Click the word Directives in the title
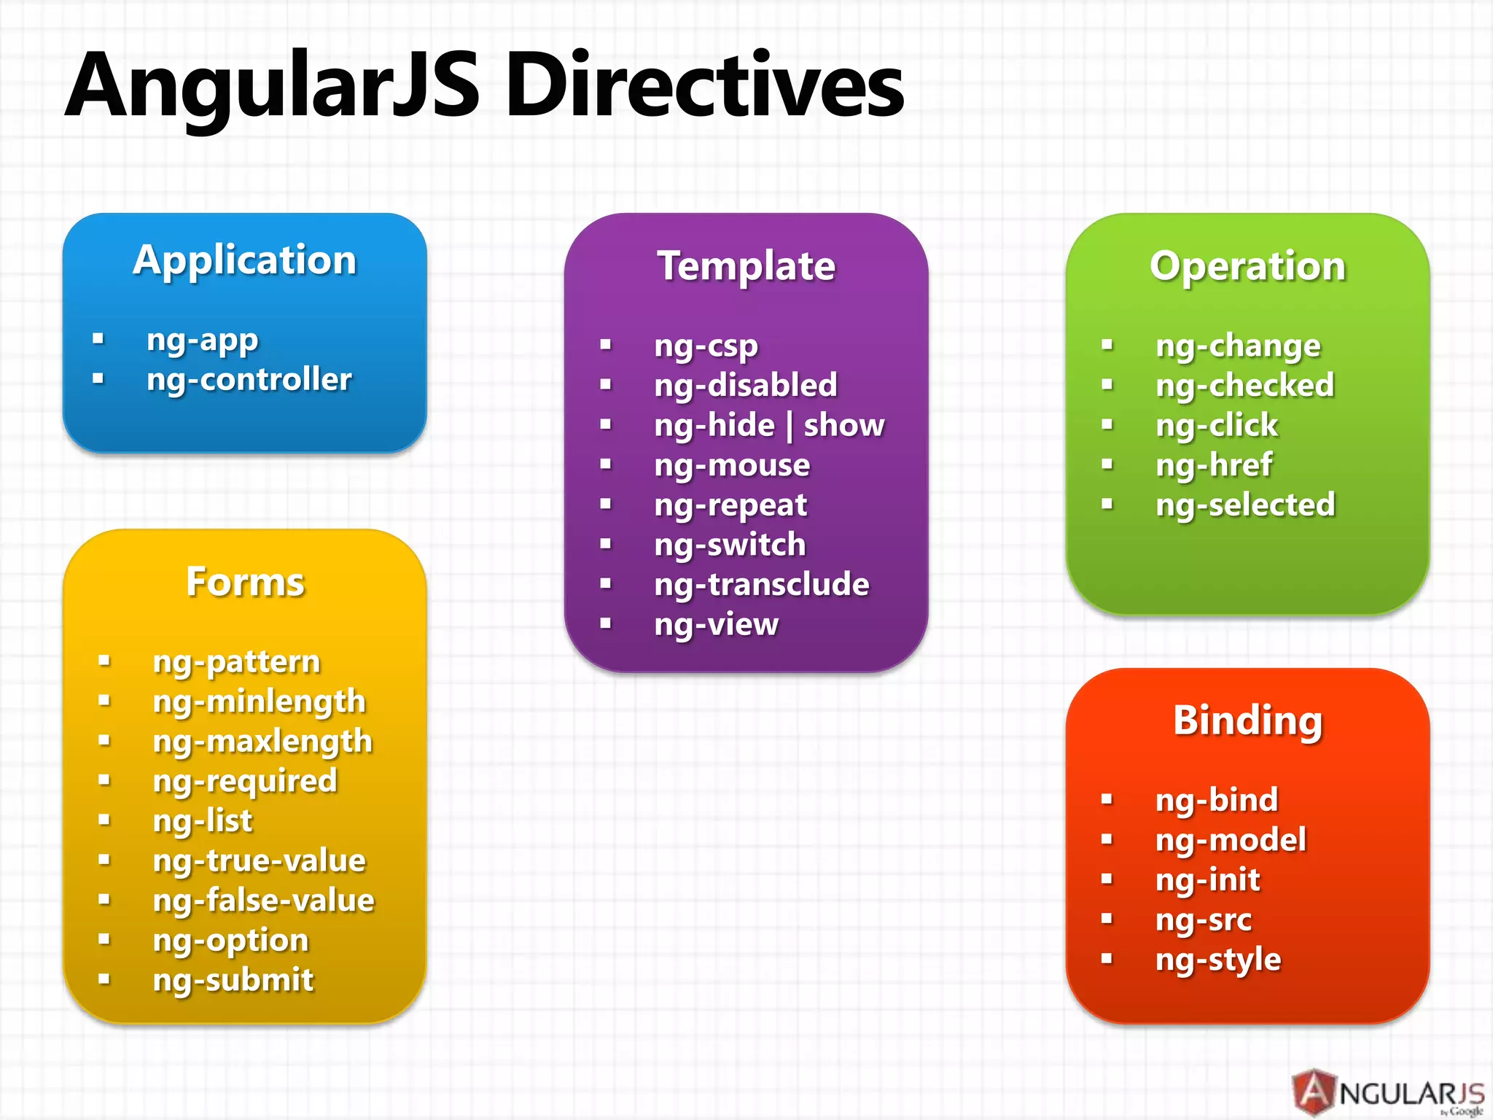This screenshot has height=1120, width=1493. (x=704, y=86)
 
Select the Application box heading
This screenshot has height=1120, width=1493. (x=245, y=260)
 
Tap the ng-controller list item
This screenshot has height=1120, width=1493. (x=249, y=380)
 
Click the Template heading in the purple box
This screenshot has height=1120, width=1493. (x=746, y=266)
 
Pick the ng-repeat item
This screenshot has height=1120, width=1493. (x=730, y=505)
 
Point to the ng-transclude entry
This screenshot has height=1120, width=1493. (x=761, y=585)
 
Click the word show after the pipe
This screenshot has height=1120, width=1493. (x=843, y=425)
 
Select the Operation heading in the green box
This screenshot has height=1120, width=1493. (x=1247, y=266)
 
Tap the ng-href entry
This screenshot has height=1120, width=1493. (x=1214, y=465)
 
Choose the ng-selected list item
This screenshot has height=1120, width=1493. (x=1245, y=505)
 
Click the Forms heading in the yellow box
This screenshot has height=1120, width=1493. (x=245, y=582)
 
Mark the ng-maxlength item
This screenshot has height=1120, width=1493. (x=262, y=742)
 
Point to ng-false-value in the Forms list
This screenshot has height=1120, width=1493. (x=263, y=901)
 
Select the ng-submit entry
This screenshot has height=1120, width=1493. (x=233, y=980)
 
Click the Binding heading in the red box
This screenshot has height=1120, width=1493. (x=1247, y=720)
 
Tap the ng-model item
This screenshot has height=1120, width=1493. (x=1231, y=840)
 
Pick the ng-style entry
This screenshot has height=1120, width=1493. (x=1217, y=960)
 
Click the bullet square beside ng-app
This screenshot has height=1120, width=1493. (x=98, y=338)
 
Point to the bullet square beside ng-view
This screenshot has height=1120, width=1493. (x=605, y=623)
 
